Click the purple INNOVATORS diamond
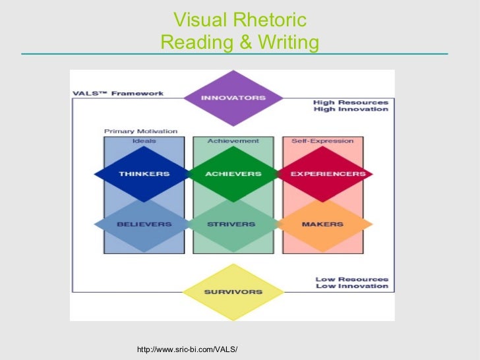[x=224, y=98]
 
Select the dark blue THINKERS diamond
[x=144, y=174]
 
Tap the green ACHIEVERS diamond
[x=233, y=174]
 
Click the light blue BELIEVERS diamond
[x=144, y=224]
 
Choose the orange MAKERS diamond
[x=322, y=224]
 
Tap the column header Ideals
[x=144, y=141]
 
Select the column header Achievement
[x=233, y=141]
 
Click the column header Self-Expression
[x=322, y=141]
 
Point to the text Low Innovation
[x=352, y=286]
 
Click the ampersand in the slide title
[x=243, y=44]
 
